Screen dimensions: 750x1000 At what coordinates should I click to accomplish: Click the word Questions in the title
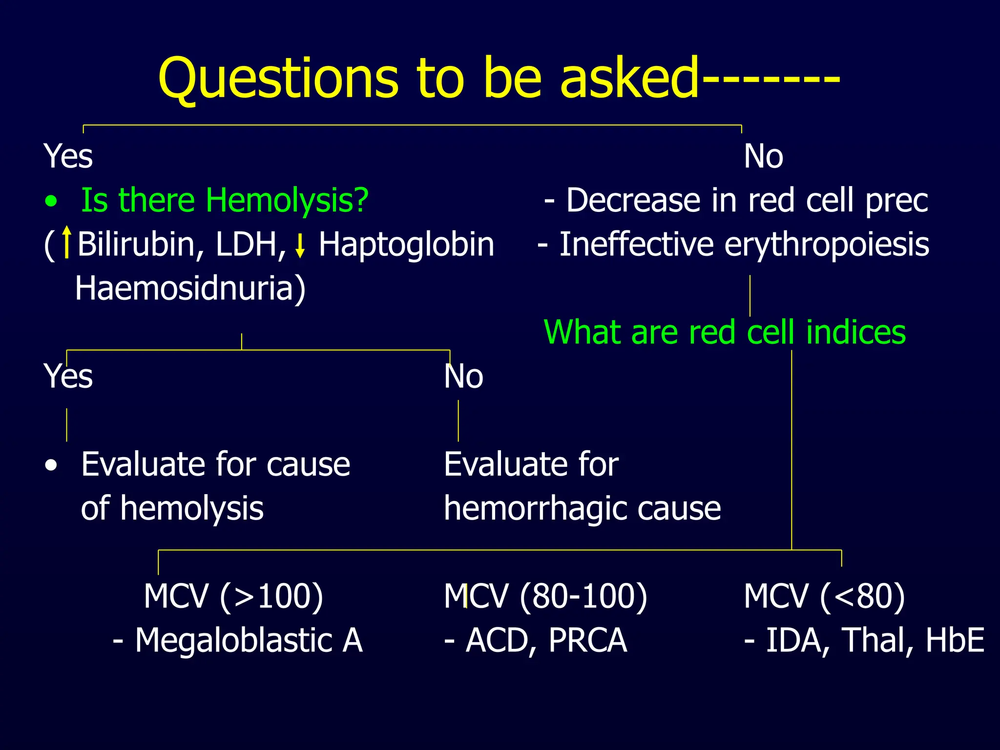pyautogui.click(x=278, y=78)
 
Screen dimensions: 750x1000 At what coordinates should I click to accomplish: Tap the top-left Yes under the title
pyautogui.click(x=68, y=156)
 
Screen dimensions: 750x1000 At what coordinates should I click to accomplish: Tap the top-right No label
pyautogui.click(x=763, y=156)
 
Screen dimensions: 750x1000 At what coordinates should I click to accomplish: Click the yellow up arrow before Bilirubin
pyautogui.click(x=67, y=242)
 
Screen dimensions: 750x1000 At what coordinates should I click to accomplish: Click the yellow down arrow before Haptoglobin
pyautogui.click(x=300, y=246)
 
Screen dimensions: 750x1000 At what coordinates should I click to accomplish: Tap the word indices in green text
pyautogui.click(x=855, y=332)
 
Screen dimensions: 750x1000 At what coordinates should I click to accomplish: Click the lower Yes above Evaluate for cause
pyautogui.click(x=68, y=376)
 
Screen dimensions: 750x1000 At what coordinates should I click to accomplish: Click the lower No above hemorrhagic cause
pyautogui.click(x=463, y=376)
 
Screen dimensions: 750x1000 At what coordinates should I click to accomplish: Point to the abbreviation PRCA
pyautogui.click(x=587, y=640)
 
